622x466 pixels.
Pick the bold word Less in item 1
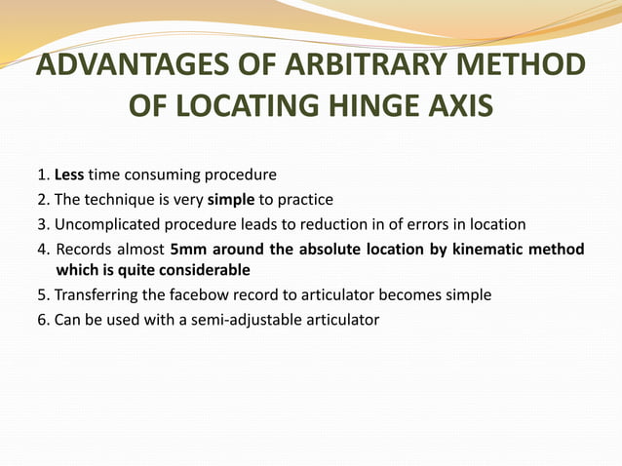(x=69, y=175)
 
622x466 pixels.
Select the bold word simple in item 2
(x=231, y=200)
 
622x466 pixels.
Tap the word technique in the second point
(x=123, y=200)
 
